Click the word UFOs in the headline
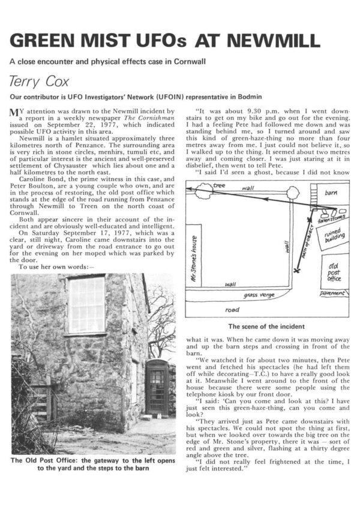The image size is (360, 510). (162, 41)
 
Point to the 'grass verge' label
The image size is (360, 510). (259, 296)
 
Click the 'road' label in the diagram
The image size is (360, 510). (231, 310)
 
